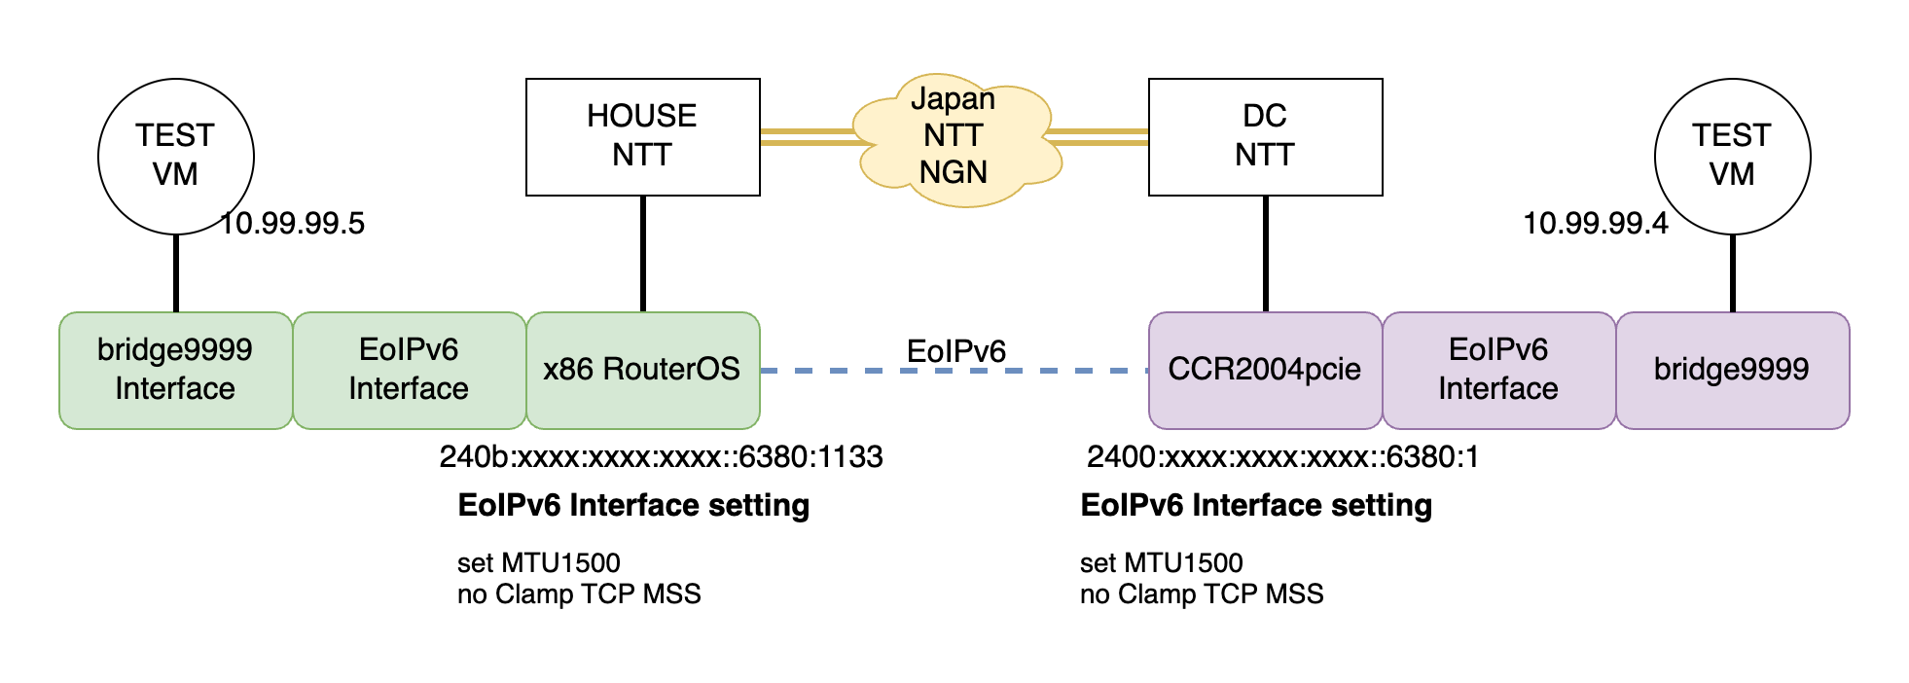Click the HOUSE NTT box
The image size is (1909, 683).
(x=642, y=136)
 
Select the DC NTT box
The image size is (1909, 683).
(x=1265, y=136)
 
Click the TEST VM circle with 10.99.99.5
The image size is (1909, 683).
(x=175, y=156)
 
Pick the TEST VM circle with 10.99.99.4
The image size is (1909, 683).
(x=1732, y=156)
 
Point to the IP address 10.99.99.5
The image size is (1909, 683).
(x=292, y=224)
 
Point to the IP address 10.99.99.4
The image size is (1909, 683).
(x=1595, y=224)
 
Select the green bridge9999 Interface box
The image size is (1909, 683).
(x=175, y=370)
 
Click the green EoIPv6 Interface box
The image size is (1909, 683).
(x=409, y=370)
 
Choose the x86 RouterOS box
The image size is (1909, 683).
(x=642, y=370)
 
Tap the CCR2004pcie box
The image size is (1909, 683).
(x=1265, y=370)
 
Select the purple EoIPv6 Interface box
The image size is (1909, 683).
(x=1498, y=370)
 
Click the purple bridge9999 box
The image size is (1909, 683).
(x=1732, y=370)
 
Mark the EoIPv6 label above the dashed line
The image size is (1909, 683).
(x=955, y=351)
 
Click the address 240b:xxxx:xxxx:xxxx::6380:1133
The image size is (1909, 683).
(x=661, y=456)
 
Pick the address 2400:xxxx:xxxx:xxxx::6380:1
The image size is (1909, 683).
(x=1282, y=456)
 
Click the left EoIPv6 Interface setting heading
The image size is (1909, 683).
(x=633, y=505)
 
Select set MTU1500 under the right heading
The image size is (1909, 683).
(x=1161, y=562)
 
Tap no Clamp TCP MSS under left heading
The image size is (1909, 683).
(x=579, y=593)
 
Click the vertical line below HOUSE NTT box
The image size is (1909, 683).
(x=643, y=253)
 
